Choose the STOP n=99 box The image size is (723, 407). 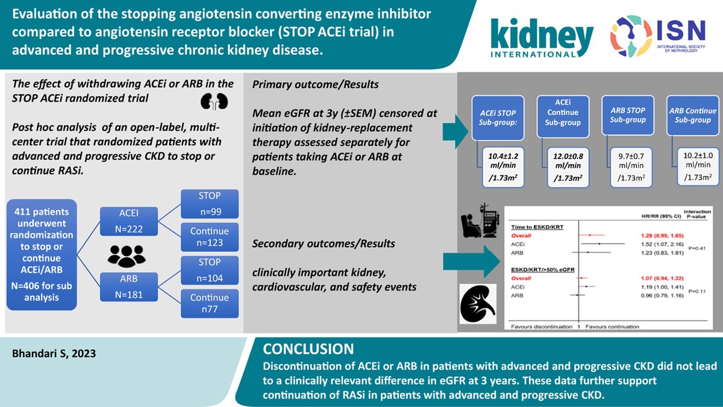click(x=210, y=204)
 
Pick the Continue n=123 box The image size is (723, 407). click(x=210, y=238)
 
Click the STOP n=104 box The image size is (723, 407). click(x=210, y=271)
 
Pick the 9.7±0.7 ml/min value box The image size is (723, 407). click(x=630, y=166)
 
